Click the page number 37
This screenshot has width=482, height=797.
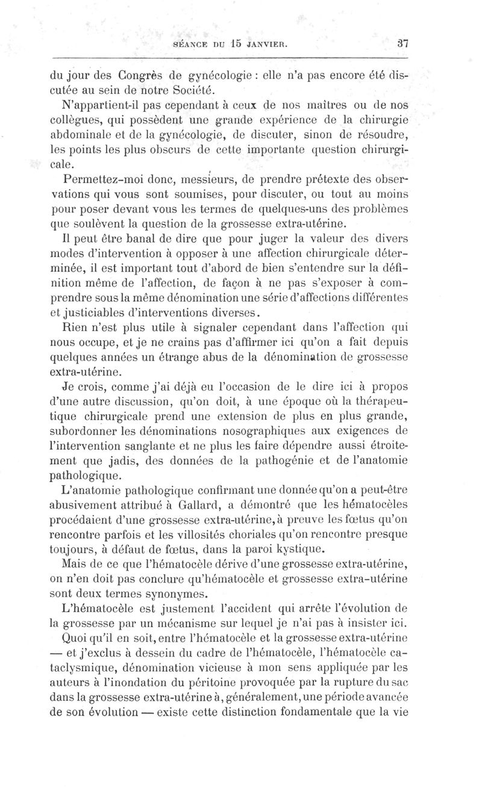click(x=403, y=43)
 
